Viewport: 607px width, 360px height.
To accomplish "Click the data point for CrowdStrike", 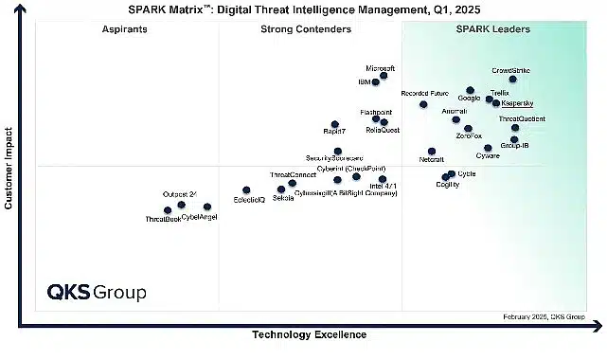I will [512, 80].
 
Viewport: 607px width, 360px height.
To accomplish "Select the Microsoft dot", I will [384, 76].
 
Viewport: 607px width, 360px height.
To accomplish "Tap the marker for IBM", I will [376, 82].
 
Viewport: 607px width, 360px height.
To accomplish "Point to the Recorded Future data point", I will [423, 104].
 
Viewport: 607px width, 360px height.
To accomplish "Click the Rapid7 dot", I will [333, 123].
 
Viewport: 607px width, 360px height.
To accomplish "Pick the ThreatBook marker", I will [168, 210].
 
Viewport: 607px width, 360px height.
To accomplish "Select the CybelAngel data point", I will [207, 207].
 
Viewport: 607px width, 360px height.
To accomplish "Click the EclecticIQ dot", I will [246, 190].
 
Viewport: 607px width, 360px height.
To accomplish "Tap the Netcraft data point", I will [431, 151].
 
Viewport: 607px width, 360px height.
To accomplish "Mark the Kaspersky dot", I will [496, 102].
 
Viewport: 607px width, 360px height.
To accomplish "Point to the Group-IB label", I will [514, 146].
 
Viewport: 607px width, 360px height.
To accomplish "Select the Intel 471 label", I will [383, 187].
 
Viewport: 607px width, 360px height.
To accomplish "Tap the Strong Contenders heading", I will [306, 29].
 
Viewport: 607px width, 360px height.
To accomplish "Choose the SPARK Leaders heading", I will [492, 29].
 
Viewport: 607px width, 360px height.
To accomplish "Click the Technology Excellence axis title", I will [308, 334].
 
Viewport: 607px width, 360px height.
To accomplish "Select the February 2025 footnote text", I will [544, 315].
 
